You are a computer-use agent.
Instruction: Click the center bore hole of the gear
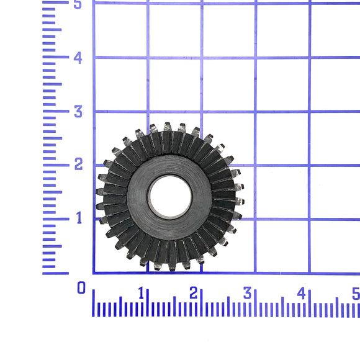point(170,197)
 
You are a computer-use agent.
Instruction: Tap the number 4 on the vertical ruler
point(78,58)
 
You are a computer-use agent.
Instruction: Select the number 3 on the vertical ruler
point(78,112)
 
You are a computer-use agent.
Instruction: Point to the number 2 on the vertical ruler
point(79,164)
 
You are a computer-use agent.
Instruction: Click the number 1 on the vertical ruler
point(79,218)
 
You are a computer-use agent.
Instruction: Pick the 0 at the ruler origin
point(81,287)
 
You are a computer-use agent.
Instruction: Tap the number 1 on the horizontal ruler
point(142,293)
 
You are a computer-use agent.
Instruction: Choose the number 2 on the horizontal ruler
point(193,293)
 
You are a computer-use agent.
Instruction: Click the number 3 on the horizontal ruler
point(247,293)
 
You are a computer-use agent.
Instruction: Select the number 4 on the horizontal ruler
point(302,294)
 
